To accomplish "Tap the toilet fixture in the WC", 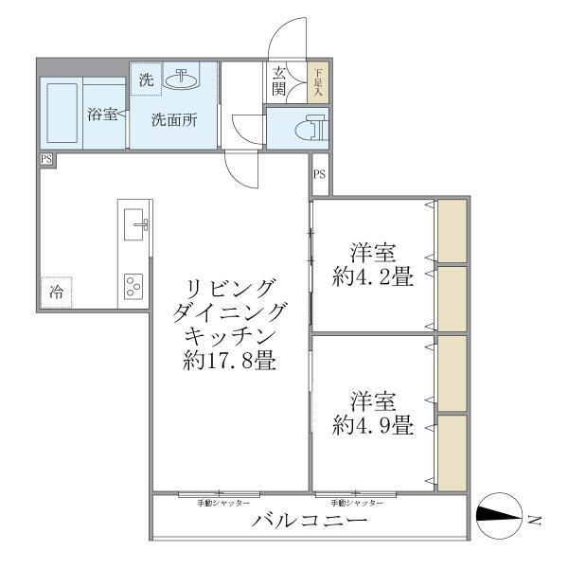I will click(x=308, y=128).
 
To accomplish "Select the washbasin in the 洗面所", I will click(x=180, y=80).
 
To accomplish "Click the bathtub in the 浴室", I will click(x=62, y=114).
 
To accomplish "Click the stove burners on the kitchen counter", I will click(x=133, y=284).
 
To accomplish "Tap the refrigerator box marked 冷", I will click(x=57, y=292).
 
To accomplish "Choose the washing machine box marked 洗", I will click(x=146, y=80).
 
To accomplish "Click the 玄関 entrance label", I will click(x=281, y=81).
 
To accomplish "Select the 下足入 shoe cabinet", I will click(x=318, y=82).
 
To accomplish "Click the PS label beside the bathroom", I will click(x=46, y=160).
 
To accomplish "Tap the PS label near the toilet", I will click(x=320, y=174).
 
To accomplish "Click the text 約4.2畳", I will click(x=373, y=278).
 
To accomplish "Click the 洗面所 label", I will click(x=176, y=120).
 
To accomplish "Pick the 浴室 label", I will click(x=103, y=115).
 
